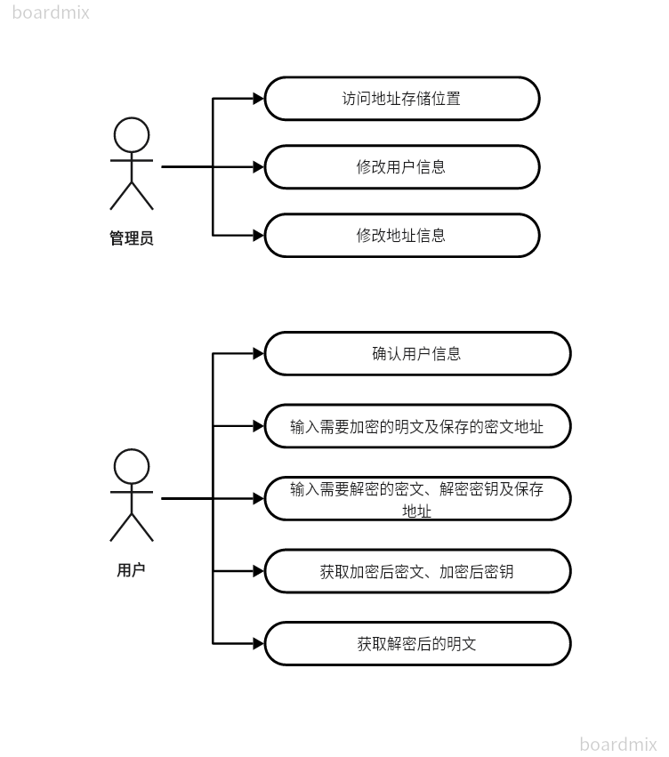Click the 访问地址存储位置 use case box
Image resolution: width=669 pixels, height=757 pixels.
point(402,98)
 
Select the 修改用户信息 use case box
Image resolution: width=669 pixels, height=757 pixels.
point(402,166)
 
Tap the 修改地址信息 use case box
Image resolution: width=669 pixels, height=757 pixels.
point(402,236)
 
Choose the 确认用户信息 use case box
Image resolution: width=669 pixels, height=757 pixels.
point(417,353)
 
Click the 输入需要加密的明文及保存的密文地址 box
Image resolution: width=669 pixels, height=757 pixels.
point(417,426)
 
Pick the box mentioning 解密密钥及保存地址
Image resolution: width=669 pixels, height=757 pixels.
point(417,498)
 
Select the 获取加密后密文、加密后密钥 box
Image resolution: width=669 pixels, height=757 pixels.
point(417,571)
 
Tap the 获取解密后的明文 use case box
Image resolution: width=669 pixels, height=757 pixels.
point(417,643)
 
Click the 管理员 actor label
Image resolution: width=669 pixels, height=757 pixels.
point(132,238)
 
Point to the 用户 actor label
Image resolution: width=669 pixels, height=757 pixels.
point(131,570)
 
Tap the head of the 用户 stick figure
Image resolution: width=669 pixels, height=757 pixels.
point(132,466)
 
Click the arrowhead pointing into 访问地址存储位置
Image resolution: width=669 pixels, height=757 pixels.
point(259,98)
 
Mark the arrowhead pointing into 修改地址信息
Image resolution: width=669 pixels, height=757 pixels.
point(259,236)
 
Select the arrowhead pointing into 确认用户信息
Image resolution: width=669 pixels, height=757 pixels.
point(259,353)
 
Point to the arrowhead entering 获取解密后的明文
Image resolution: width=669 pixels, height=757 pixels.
point(259,643)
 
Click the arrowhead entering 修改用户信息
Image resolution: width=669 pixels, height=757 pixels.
point(259,166)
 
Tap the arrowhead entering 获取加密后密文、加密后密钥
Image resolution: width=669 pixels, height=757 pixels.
point(259,571)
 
